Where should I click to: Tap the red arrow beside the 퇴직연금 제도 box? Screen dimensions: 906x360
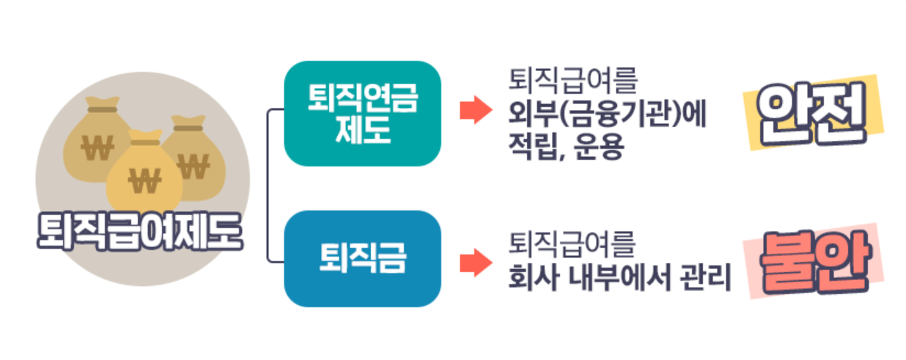point(474,110)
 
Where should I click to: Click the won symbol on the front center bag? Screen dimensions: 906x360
point(144,180)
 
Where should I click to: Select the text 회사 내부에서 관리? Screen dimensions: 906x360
point(620,278)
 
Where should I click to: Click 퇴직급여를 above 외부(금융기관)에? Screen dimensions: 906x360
point(572,81)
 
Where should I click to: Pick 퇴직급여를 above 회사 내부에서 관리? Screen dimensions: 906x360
point(572,245)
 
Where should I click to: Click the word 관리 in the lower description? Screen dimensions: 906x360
point(707,278)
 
